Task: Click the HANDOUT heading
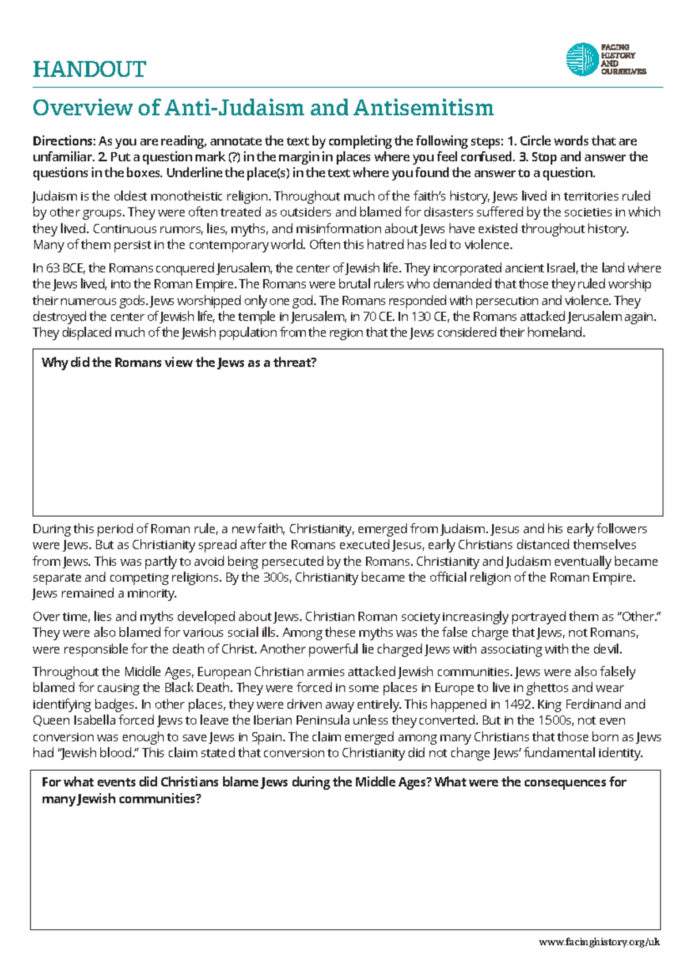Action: (x=89, y=70)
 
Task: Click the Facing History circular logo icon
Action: (x=582, y=59)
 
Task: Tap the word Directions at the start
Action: (x=63, y=141)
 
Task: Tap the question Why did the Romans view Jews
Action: (x=179, y=363)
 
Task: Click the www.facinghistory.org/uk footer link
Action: (x=599, y=942)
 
